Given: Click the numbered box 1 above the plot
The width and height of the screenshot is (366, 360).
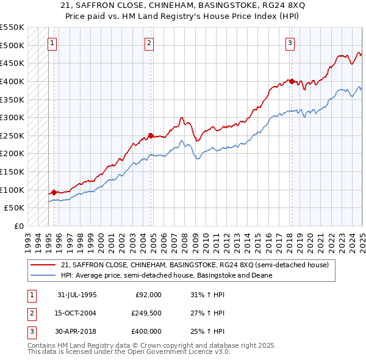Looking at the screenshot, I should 53,43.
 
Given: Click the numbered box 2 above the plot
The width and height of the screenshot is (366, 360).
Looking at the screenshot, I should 149,43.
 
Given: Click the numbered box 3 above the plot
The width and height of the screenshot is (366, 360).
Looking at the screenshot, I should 290,43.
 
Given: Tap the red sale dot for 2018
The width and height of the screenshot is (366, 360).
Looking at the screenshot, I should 292,81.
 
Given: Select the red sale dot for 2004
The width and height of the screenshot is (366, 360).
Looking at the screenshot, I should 151,135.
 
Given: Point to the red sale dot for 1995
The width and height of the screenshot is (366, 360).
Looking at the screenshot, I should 54,192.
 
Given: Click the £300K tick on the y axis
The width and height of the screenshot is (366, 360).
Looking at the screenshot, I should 12,117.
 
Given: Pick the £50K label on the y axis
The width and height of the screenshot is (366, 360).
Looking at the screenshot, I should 13,208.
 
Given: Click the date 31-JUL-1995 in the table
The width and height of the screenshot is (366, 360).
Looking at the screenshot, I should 77,295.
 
